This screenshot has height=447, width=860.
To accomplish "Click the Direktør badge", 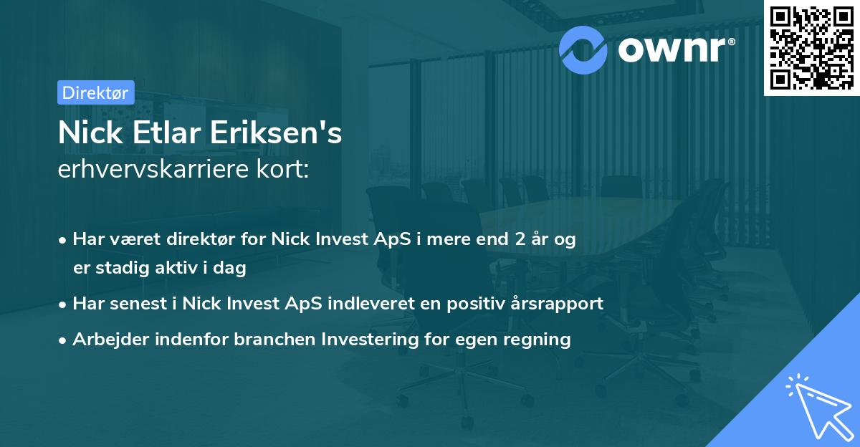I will [x=95, y=92].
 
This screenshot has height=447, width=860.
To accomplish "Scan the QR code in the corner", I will [x=811, y=47].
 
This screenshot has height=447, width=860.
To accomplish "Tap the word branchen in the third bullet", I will [x=267, y=339].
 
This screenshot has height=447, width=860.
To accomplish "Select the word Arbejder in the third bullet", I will [x=107, y=339].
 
